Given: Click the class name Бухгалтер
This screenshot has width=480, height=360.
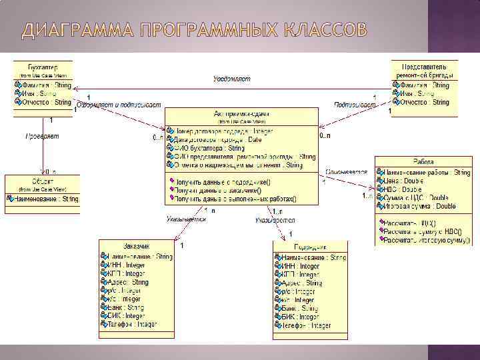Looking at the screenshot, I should (43, 67).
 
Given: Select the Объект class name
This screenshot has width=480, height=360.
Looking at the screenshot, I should (41, 181).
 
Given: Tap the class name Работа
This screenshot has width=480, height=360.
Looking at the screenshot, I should (423, 163).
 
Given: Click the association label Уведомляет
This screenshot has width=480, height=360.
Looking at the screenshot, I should (231, 79).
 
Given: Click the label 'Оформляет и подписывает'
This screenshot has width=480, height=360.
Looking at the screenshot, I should (119, 105).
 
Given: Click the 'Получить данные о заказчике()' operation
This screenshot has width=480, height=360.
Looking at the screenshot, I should (223, 190).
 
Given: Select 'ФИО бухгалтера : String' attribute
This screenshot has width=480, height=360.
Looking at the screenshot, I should (209, 148).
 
